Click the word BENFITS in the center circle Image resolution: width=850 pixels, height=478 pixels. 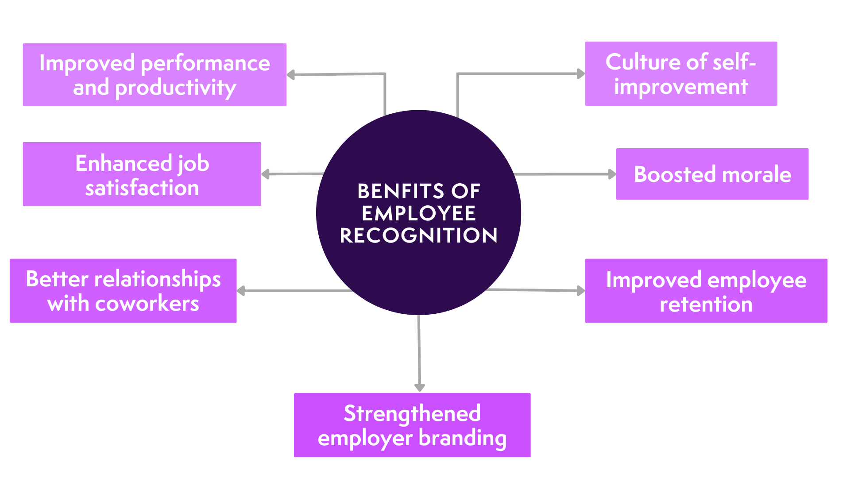pos(400,191)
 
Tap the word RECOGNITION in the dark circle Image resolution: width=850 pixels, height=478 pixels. pos(418,235)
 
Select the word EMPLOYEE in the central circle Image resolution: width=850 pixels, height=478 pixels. pos(418,213)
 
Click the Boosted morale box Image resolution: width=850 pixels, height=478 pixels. pos(712,174)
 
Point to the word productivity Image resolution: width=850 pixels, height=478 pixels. pos(175,88)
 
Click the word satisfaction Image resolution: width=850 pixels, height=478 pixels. pos(142,188)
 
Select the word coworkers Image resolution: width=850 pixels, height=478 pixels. pos(147,304)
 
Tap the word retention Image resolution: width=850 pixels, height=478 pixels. pos(706,305)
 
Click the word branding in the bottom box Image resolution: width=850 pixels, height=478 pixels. pos(462,438)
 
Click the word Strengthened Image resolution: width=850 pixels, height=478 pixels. pos(412,413)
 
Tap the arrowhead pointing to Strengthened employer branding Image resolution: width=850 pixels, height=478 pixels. pos(419,387)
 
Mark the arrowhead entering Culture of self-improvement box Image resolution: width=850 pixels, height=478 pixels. pos(581,74)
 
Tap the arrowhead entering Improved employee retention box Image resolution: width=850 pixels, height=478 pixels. pos(581,291)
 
